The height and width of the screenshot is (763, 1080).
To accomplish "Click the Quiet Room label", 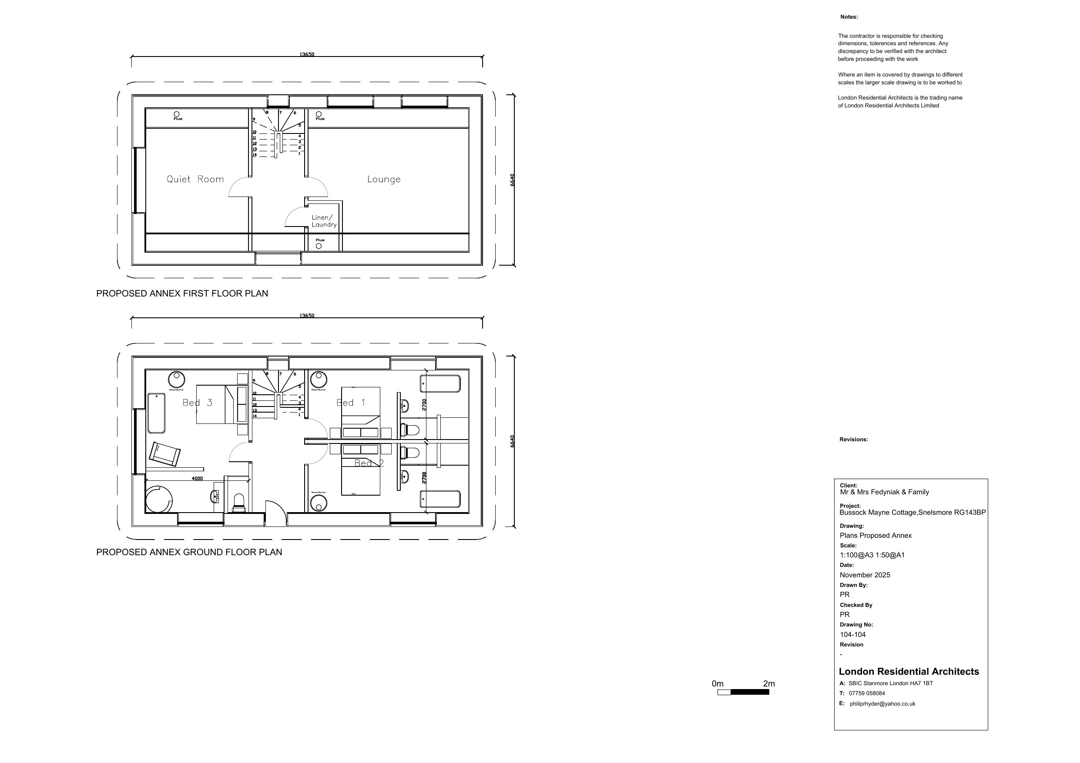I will click(195, 179).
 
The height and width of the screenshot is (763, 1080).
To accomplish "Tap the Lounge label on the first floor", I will click(384, 179).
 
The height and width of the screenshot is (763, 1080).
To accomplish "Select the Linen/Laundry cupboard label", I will click(324, 221).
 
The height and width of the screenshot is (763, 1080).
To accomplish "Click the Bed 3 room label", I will click(197, 403).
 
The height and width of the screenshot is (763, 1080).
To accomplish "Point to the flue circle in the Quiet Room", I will click(177, 114).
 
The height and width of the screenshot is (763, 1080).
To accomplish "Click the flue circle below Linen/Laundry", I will click(319, 246).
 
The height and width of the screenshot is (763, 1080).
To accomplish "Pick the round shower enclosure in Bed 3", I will click(158, 499).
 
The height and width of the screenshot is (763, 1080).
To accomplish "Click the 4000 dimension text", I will click(197, 479).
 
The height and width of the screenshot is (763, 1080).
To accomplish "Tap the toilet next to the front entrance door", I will click(239, 502).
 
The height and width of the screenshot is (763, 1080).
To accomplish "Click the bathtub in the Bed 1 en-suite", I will click(440, 383).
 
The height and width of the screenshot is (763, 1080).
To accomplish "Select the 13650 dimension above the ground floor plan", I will click(307, 316).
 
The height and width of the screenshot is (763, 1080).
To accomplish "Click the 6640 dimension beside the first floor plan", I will click(512, 180).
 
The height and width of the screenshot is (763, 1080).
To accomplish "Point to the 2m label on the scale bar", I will click(768, 683).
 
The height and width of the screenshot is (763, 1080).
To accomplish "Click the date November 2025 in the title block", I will click(865, 575).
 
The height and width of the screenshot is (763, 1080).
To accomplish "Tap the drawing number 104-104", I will click(852, 635).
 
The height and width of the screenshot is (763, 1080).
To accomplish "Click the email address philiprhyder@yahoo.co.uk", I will click(882, 704).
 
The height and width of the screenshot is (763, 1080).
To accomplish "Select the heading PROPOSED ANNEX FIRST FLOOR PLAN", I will click(182, 293).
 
